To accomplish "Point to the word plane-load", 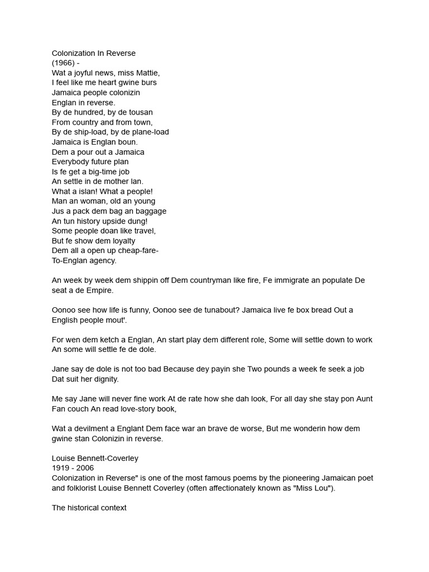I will click(x=149, y=132).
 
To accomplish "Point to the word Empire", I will click(x=101, y=290).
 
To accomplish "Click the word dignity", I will click(x=104, y=379).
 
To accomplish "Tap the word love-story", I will click(x=139, y=409).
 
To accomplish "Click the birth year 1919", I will click(x=61, y=468).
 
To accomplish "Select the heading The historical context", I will click(x=89, y=508).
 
